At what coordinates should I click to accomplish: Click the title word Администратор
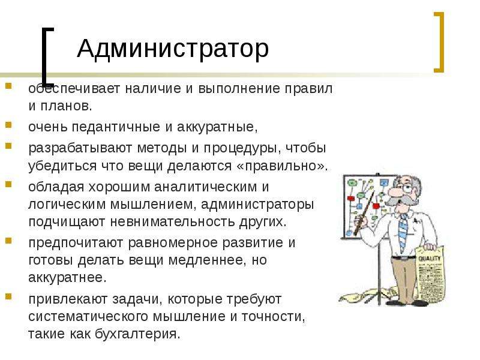(x=173, y=49)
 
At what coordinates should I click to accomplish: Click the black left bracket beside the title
(x=44, y=56)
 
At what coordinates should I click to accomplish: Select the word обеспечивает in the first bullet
(x=74, y=89)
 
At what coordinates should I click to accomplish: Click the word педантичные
(x=116, y=127)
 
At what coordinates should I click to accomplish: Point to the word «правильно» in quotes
(x=280, y=166)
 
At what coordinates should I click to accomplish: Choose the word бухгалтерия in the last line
(x=137, y=334)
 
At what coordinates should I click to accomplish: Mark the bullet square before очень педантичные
(x=8, y=124)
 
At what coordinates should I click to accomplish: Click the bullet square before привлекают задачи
(x=8, y=296)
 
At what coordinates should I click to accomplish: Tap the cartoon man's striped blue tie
(x=403, y=233)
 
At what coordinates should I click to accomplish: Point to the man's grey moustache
(x=398, y=199)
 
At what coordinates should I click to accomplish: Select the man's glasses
(x=404, y=187)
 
